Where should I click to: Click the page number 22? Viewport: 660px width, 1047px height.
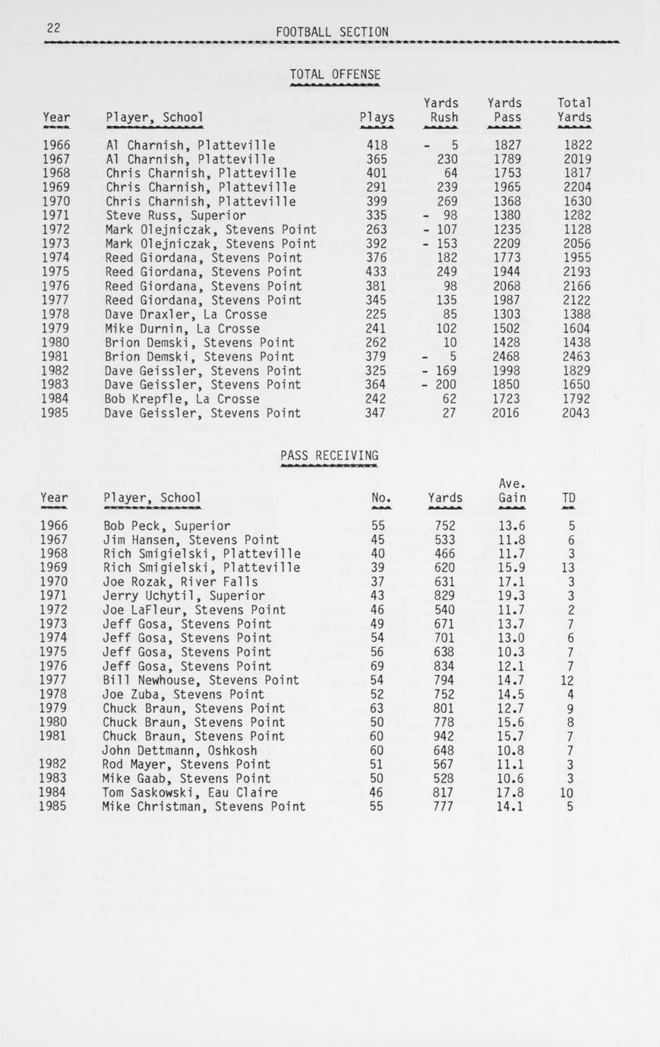click(x=53, y=28)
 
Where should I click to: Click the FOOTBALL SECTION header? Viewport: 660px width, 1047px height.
click(x=332, y=32)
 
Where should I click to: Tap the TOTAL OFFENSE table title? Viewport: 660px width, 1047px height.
click(x=335, y=74)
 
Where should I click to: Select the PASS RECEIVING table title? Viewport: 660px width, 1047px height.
click(x=329, y=455)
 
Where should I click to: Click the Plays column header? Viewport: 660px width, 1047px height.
click(x=377, y=118)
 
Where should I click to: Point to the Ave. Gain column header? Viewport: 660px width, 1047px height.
click(x=513, y=491)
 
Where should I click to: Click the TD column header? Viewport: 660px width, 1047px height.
click(x=568, y=498)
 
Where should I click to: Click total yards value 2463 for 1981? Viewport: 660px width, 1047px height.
click(x=576, y=357)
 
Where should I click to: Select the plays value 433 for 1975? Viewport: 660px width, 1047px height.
click(x=377, y=272)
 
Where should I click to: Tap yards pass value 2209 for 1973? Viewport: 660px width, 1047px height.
click(x=507, y=244)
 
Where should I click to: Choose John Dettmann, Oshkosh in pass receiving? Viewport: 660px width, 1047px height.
click(x=179, y=750)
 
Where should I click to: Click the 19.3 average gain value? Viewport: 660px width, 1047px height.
click(x=512, y=596)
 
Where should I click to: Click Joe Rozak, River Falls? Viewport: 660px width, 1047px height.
click(x=180, y=582)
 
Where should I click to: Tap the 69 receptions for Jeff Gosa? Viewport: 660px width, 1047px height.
click(x=377, y=666)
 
